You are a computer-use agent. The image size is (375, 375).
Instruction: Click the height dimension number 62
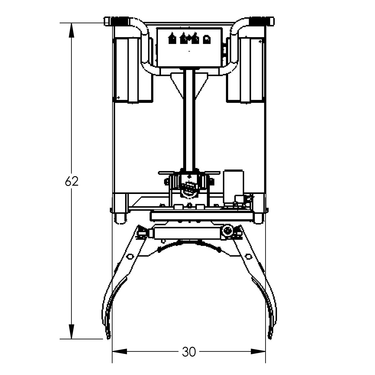tap(72, 182)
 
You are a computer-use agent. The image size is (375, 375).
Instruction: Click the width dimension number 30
tap(189, 352)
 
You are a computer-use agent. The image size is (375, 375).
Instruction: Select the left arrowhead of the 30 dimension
tap(120, 351)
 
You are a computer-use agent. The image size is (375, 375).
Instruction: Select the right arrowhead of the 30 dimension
tap(258, 351)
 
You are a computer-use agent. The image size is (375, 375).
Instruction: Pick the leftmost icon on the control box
tap(172, 39)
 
